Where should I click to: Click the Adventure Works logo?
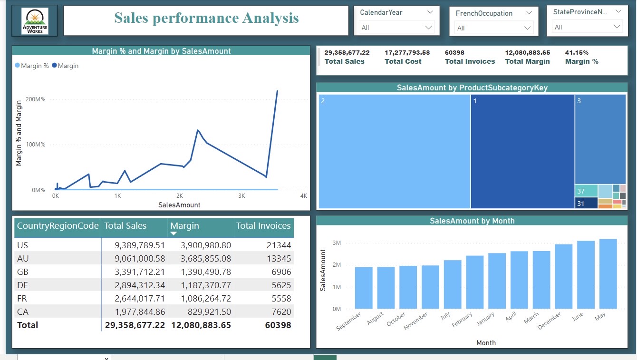[35, 21]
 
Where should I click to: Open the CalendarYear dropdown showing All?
[396, 28]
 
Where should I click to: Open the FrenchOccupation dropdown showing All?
[493, 28]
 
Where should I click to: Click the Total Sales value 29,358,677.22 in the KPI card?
[347, 53]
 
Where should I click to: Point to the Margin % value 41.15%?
[577, 53]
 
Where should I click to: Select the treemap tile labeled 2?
[394, 151]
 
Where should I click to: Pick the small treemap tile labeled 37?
[586, 191]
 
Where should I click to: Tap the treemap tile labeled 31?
[586, 203]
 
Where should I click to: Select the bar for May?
[608, 274]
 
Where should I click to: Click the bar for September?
[364, 288]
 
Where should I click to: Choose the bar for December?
[563, 276]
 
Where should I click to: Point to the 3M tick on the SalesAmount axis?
[337, 243]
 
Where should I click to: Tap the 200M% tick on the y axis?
[36, 99]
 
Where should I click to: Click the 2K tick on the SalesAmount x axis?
[180, 196]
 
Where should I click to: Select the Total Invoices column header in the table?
[263, 226]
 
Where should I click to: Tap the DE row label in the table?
[23, 285]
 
